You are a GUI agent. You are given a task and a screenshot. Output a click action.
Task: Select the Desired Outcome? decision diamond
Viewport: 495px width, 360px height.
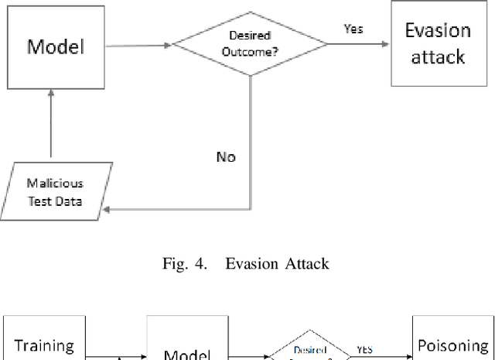(251, 46)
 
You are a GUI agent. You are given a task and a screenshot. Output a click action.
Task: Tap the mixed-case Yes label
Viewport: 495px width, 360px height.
(353, 29)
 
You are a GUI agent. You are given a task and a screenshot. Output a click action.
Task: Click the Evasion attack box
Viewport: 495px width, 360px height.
(438, 44)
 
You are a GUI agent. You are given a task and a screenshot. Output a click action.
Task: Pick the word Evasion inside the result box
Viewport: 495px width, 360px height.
(438, 31)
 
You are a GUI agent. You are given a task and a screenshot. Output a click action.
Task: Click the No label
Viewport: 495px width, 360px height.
(227, 156)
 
